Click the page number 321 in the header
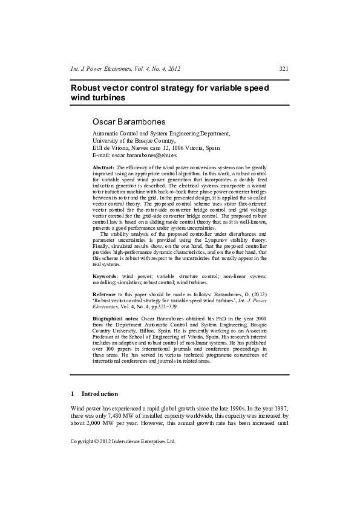coord(283,69)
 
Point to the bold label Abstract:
coord(103,167)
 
